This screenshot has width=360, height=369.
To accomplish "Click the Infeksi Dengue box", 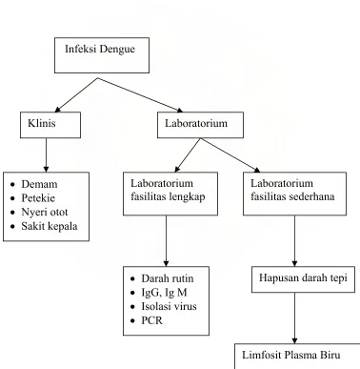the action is point(102,55).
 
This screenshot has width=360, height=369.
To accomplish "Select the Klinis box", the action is point(50,125).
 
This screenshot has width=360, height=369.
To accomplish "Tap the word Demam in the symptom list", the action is point(39,184).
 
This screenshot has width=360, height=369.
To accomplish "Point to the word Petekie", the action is point(38,198).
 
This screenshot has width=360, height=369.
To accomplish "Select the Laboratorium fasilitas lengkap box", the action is point(170,194).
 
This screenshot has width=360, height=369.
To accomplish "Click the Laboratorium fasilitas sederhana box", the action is point(294,194).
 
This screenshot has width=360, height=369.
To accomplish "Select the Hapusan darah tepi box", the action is point(303,279).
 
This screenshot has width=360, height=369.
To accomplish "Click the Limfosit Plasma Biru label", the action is point(291,355).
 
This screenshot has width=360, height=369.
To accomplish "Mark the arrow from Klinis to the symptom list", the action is point(46,155).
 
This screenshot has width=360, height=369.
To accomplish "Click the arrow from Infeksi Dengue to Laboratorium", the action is point(140,95).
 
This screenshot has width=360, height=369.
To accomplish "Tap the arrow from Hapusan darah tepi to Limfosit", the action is point(294,318).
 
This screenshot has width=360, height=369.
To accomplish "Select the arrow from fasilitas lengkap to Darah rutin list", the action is point(166,241).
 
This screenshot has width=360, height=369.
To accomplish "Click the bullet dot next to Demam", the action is point(12,184).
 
